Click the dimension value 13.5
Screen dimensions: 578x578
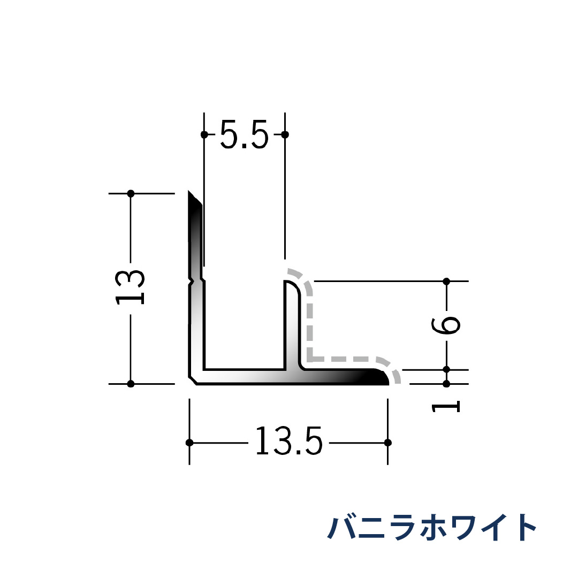coord(289,442)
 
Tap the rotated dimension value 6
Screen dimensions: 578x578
coord(446,325)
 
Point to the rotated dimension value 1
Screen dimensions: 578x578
coord(446,407)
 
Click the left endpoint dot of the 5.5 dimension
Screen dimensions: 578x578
coord(204,134)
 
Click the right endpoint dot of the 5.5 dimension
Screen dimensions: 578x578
coord(285,134)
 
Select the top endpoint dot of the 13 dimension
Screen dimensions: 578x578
coord(131,193)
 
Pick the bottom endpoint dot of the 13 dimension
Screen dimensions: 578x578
coord(131,383)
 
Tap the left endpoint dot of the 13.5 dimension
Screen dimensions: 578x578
coord(189,443)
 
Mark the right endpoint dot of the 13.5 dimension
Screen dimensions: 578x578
coord(388,443)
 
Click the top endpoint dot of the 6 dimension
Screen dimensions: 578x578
coord(446,281)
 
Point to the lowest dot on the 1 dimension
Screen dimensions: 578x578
coord(446,384)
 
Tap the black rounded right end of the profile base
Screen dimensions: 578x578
coord(382,377)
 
